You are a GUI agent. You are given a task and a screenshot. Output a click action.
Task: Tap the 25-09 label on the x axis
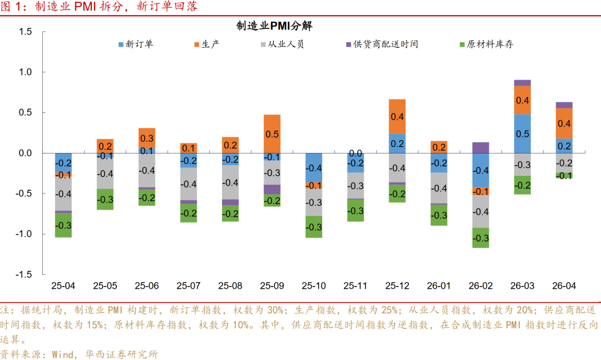point(272,286)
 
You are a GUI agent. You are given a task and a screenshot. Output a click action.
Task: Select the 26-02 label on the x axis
point(480,286)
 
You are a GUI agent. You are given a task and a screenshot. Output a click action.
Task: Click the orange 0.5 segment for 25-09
point(272,134)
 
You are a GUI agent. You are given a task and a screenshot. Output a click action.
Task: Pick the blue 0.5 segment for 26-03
point(522,134)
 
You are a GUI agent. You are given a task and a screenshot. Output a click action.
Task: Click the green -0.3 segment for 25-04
point(63,225)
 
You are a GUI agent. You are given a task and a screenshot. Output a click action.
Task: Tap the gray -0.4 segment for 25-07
point(189,184)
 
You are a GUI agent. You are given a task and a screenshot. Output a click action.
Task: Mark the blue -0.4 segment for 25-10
point(314,167)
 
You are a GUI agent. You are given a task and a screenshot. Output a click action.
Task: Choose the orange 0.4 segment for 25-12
point(397,116)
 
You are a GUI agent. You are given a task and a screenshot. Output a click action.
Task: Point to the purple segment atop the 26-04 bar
point(564,105)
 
